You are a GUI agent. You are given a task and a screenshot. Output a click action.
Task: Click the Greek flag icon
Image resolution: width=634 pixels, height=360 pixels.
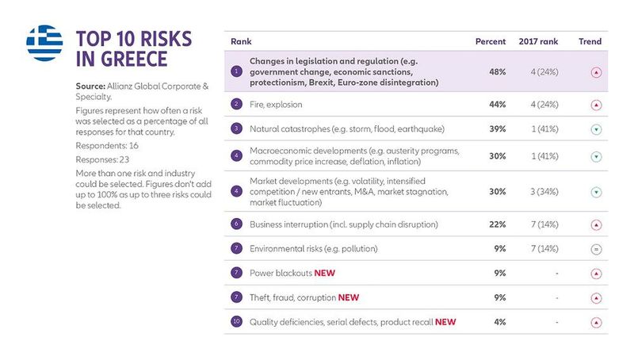pos(44,42)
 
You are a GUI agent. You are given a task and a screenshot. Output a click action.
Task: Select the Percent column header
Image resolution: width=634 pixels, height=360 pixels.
pos(491,41)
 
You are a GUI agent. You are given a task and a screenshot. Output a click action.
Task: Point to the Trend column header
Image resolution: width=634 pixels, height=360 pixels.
pos(590,41)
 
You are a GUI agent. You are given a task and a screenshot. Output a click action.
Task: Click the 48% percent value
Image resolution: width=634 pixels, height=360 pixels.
pos(498,71)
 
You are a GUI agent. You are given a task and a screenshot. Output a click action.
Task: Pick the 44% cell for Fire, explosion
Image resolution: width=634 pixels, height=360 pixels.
pos(498,104)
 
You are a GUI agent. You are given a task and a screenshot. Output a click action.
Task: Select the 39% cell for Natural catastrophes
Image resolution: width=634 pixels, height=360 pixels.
pos(498,128)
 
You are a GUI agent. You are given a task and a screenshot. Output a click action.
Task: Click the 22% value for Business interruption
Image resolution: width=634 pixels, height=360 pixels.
pos(498,224)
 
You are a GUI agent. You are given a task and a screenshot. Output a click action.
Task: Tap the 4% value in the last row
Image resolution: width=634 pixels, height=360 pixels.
pos(500,322)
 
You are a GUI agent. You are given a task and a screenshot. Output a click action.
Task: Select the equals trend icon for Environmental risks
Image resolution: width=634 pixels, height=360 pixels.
pos(596,249)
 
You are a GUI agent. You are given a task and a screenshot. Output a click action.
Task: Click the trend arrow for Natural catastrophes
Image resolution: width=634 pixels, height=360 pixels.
pos(596,128)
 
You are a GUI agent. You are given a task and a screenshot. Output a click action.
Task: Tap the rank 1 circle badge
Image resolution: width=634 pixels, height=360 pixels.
pos(236,71)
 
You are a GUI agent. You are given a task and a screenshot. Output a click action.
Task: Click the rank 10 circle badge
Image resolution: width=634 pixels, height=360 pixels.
pos(236,322)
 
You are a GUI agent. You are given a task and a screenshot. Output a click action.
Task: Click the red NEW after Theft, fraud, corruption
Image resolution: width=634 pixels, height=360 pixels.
pos(349,298)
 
